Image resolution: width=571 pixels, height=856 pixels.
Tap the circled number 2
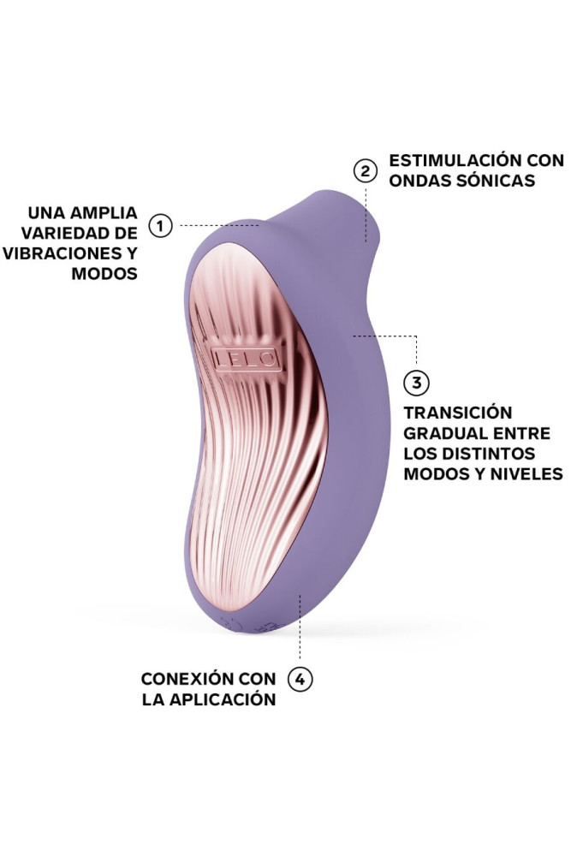click(366, 170)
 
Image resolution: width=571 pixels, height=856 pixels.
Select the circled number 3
click(416, 381)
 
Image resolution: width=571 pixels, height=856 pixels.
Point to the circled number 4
click(299, 680)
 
